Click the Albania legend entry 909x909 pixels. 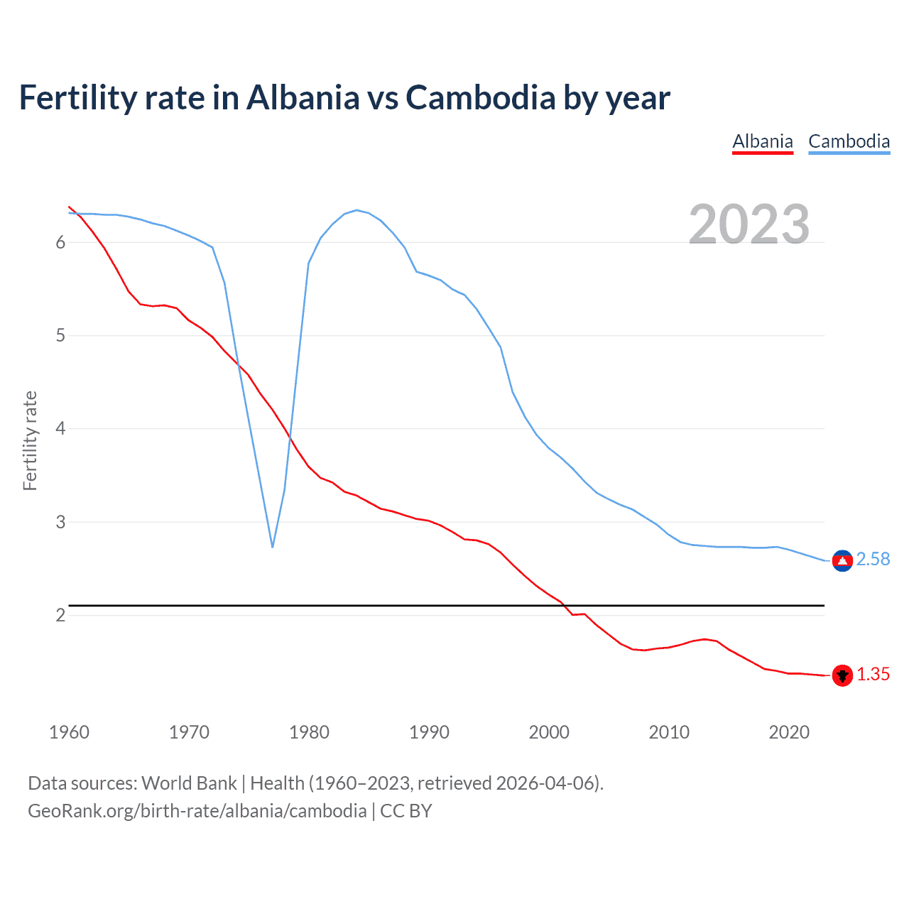[762, 141]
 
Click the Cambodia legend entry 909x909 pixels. [849, 141]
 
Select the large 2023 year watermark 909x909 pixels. [749, 224]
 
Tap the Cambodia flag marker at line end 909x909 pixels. [842, 560]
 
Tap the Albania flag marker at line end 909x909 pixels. [842, 675]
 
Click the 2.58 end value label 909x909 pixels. [873, 560]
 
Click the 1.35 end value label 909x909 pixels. [873, 675]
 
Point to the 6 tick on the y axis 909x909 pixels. [60, 242]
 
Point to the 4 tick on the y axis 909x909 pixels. [60, 429]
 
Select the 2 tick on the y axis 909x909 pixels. [60, 615]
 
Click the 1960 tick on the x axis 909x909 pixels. [69, 732]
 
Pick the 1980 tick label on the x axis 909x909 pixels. [309, 732]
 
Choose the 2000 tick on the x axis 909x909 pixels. [549, 732]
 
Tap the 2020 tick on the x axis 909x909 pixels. [789, 732]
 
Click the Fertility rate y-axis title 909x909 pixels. [30, 440]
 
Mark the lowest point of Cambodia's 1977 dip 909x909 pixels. [272, 546]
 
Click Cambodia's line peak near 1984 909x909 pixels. [356, 210]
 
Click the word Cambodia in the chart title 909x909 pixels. [480, 98]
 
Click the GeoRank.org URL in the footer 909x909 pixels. [197, 811]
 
